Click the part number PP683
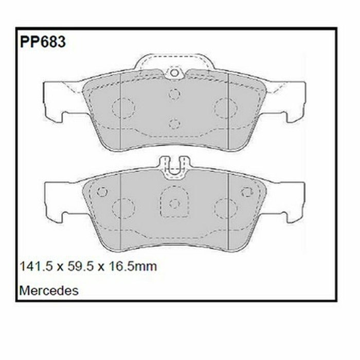[x=43, y=42]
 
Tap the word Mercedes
[x=49, y=291]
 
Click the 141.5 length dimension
[x=37, y=266]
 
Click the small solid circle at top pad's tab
[x=174, y=73]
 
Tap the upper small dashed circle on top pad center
[x=174, y=94]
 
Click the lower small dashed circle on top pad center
[x=174, y=124]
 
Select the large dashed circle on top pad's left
[x=123, y=108]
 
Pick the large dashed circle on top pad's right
[x=226, y=108]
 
